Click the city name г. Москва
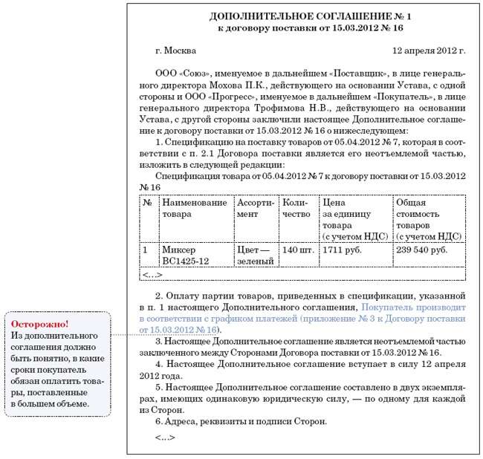(x=176, y=51)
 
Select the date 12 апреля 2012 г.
(x=429, y=51)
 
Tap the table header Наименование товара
(x=195, y=208)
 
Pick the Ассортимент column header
(x=256, y=208)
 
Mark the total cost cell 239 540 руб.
(x=422, y=250)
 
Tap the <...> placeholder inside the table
(x=152, y=275)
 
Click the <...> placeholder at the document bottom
(x=166, y=437)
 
